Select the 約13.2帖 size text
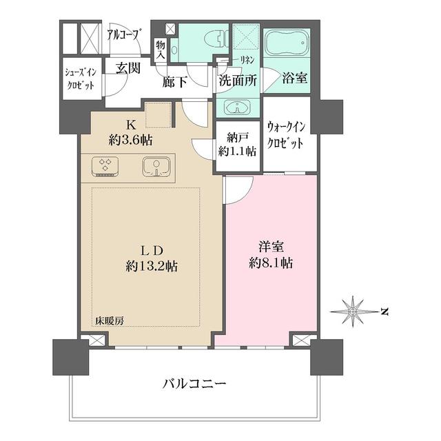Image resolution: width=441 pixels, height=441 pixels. (x=152, y=265)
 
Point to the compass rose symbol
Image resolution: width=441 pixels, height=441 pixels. (x=353, y=311)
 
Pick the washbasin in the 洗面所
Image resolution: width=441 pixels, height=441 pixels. (x=238, y=108)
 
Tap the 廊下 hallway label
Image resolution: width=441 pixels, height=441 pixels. (x=175, y=81)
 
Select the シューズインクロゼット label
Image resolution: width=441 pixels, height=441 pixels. (x=81, y=80)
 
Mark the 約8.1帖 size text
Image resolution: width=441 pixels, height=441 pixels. (x=268, y=263)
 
